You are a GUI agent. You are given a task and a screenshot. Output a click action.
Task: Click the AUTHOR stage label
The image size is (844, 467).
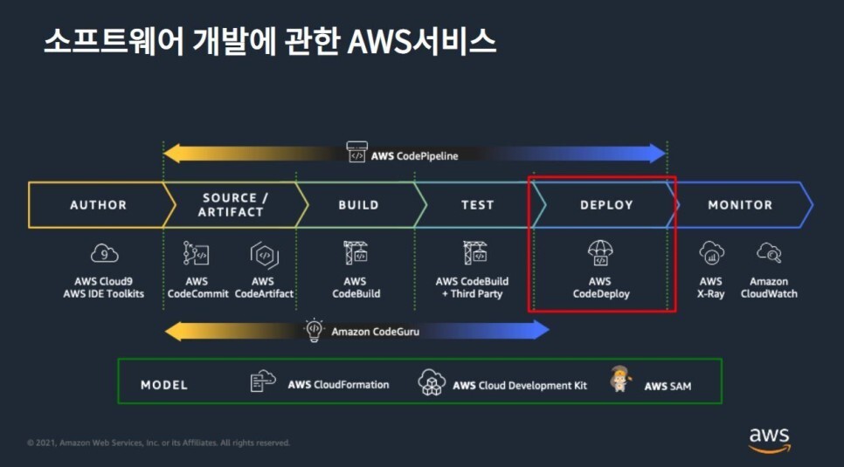(98, 205)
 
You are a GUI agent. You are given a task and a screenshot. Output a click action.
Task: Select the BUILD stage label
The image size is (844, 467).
(358, 205)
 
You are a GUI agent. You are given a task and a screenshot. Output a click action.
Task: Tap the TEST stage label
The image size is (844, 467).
(477, 205)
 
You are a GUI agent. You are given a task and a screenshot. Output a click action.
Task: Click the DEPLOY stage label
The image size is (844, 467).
(605, 205)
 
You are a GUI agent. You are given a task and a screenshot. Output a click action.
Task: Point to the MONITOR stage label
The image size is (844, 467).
(739, 205)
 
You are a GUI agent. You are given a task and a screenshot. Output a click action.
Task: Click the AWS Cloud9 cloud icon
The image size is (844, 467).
(104, 254)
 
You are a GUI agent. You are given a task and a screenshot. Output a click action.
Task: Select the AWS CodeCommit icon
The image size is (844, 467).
(197, 254)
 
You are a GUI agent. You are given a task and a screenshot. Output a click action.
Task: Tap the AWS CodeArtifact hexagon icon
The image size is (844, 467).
(263, 254)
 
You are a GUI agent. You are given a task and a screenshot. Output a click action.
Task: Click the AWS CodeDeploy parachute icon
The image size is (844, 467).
(600, 253)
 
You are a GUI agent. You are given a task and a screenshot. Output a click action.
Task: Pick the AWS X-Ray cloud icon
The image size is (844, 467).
(711, 253)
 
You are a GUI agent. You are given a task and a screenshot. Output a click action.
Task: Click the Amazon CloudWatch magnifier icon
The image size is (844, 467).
(769, 253)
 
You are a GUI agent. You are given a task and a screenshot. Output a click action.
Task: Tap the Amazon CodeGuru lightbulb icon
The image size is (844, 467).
(314, 330)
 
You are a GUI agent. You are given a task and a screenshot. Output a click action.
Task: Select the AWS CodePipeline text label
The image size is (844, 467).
(414, 155)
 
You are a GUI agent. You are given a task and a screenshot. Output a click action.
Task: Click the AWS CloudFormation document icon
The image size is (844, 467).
(263, 382)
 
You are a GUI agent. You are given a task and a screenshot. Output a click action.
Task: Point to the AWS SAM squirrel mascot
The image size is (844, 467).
(621, 380)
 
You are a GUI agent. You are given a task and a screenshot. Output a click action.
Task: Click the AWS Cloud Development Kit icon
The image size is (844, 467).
(432, 382)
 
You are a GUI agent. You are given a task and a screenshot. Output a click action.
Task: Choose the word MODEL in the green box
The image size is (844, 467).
(164, 385)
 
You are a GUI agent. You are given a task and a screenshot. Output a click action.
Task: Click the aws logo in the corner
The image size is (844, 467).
(769, 439)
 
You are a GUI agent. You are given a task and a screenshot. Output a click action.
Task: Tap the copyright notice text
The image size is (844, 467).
(158, 443)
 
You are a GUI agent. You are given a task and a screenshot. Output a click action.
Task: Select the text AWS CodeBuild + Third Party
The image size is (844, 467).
(472, 288)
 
